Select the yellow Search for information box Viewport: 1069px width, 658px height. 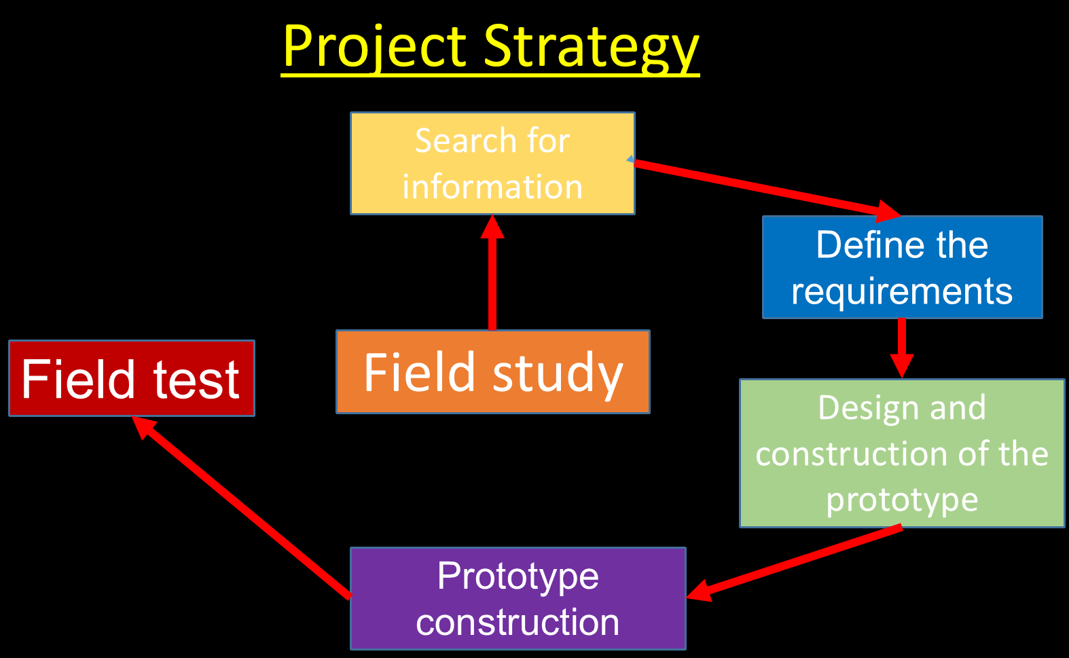[492, 164]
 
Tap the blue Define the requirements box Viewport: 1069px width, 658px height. [902, 268]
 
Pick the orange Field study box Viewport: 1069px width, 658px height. [493, 371]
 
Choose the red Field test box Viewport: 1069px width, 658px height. [131, 378]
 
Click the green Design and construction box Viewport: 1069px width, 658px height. [902, 453]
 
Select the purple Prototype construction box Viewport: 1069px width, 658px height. [518, 599]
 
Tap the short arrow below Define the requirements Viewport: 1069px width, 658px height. [902, 346]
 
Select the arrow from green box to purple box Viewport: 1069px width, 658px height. [795, 562]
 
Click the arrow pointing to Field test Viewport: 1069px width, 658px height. [244, 506]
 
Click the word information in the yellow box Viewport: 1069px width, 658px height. [492, 187]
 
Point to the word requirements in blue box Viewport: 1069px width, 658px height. [902, 292]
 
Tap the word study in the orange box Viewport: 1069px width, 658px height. [558, 373]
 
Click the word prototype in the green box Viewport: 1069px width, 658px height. [902, 500]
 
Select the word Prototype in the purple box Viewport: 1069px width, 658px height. [518, 576]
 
